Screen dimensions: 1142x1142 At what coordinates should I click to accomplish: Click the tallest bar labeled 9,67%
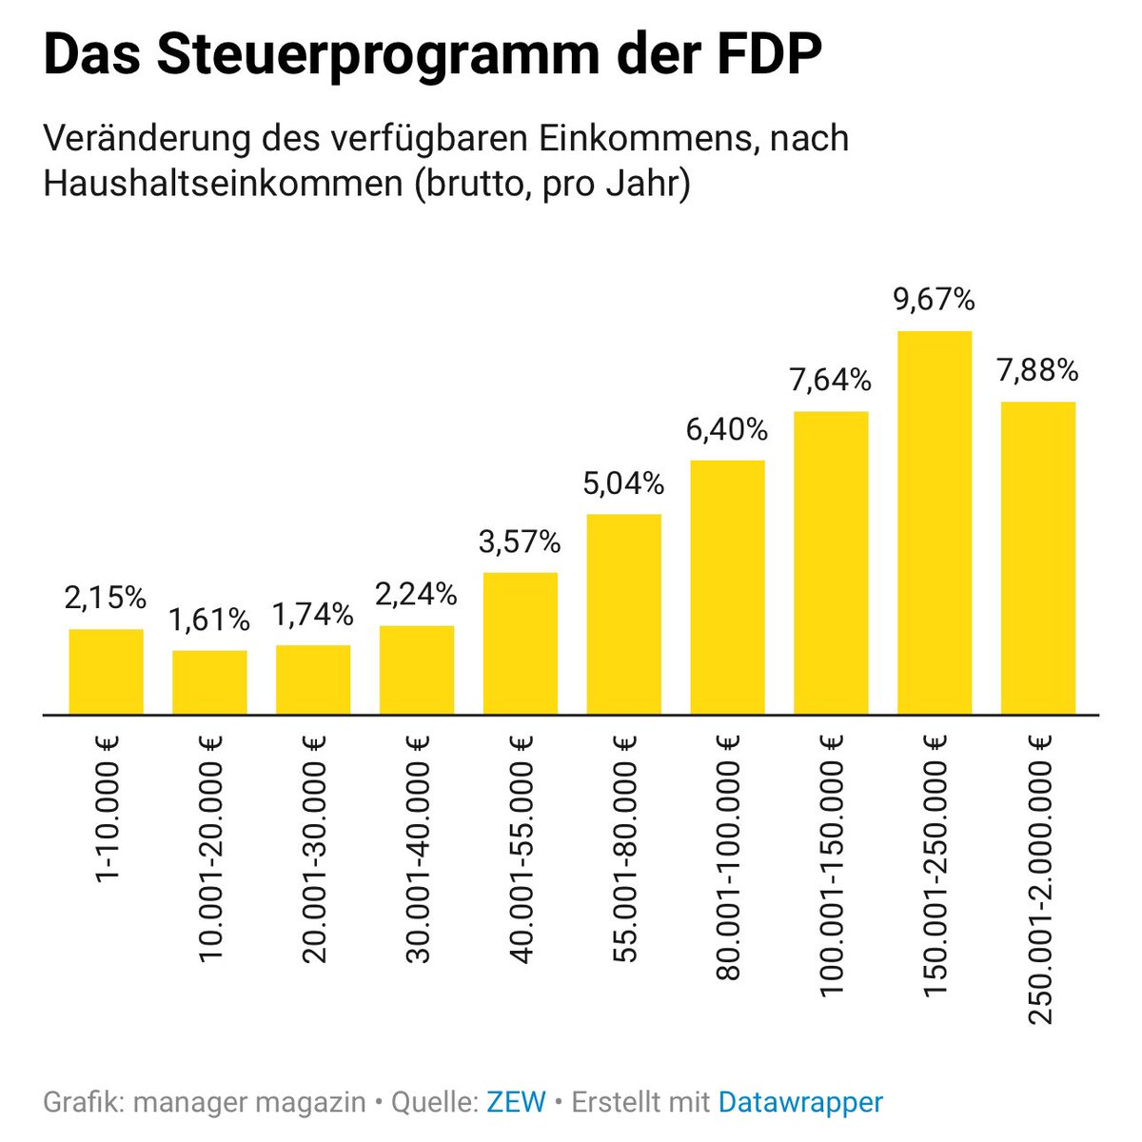tap(934, 522)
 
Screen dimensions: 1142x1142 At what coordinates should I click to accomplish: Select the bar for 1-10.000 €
tap(106, 671)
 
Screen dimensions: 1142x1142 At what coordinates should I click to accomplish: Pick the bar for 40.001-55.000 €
tap(520, 642)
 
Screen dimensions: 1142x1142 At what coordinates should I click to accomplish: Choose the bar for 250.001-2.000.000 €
tap(1037, 558)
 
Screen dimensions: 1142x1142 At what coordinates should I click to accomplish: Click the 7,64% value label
tap(830, 381)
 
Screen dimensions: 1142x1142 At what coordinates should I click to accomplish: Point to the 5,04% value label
tap(623, 483)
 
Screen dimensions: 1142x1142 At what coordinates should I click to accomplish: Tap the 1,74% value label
tap(313, 615)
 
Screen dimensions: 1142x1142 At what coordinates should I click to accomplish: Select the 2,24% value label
tap(417, 594)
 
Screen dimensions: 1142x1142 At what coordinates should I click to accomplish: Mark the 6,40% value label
tap(727, 430)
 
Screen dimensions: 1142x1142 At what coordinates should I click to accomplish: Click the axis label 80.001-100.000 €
tap(728, 856)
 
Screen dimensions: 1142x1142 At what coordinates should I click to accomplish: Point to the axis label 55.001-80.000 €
tap(624, 848)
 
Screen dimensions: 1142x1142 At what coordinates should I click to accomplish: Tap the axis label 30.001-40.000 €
tap(418, 848)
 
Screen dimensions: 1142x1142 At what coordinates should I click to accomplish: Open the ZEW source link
tap(516, 1102)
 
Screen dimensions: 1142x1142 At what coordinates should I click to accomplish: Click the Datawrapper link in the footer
tap(800, 1102)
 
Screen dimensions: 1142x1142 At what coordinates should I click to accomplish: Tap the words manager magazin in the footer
tap(249, 1102)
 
